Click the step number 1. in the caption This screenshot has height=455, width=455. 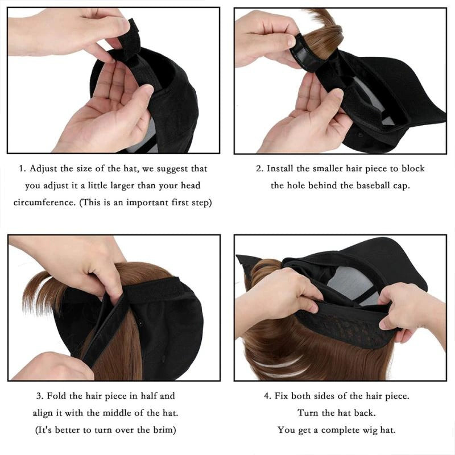[23, 169]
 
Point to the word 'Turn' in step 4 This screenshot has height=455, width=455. [308, 412]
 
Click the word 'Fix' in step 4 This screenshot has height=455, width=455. [283, 395]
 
